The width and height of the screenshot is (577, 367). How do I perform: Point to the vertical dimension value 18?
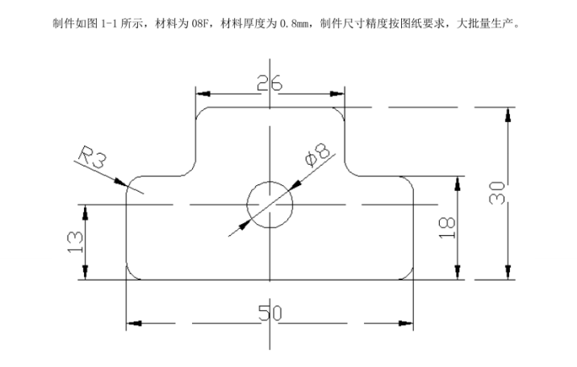(x=449, y=227)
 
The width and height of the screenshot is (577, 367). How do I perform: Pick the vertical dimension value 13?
(x=74, y=242)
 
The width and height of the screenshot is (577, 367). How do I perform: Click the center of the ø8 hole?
(x=270, y=205)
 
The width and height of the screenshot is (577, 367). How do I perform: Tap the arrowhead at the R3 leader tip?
(x=123, y=183)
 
